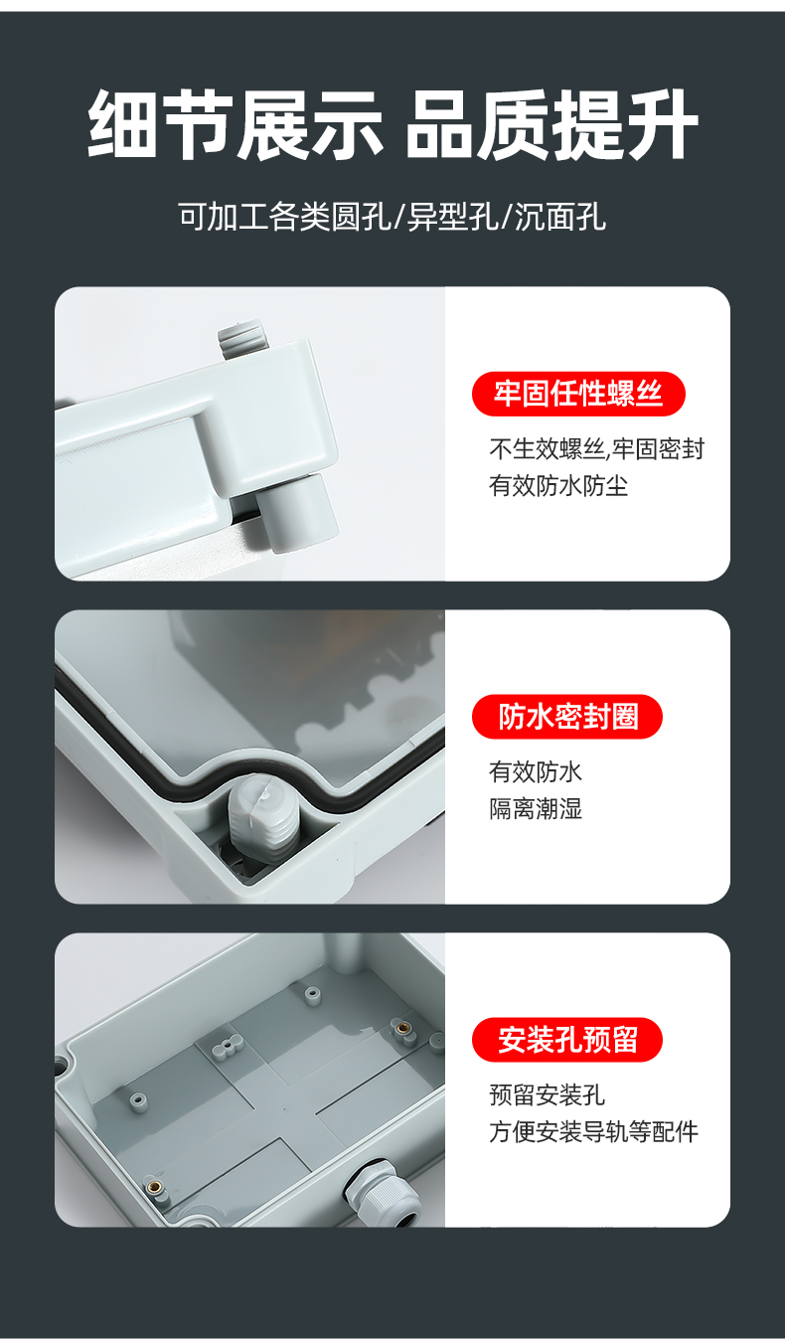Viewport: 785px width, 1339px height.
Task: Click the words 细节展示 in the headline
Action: pos(235,125)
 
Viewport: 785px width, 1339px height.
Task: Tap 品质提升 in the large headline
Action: pos(552,125)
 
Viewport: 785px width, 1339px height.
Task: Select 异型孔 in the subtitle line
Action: pos(452,216)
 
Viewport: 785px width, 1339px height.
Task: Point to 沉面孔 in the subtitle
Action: pos(560,216)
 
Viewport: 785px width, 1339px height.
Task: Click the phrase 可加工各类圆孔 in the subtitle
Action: pos(284,216)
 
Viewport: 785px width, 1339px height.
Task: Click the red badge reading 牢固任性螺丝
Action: pos(578,394)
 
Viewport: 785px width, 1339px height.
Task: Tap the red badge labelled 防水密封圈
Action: pos(567,716)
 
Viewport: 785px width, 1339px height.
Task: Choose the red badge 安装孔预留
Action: pos(567,1040)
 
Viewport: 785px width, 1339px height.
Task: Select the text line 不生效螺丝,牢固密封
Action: pos(597,449)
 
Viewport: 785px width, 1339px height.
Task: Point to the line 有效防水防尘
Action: pos(558,485)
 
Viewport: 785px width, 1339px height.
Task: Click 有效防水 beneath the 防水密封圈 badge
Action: pos(536,771)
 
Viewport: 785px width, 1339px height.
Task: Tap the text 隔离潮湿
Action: pos(536,808)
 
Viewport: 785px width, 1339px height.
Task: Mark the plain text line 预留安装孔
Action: pos(548,1094)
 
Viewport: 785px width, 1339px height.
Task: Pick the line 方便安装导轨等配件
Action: pos(594,1131)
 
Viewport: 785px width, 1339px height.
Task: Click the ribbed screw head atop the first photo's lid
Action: pos(240,338)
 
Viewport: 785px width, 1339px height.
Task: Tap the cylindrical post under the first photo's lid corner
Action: pos(296,510)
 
